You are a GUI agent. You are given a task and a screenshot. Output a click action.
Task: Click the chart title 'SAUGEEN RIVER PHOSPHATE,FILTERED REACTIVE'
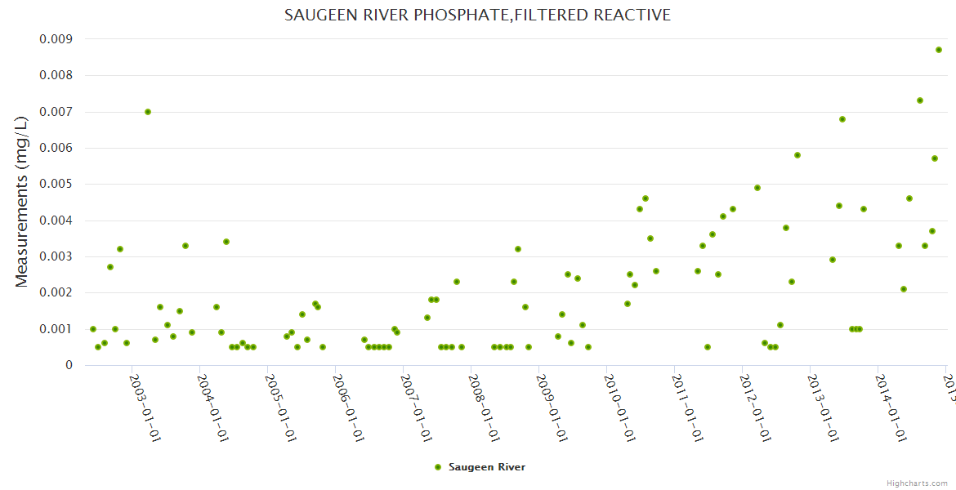tap(477, 16)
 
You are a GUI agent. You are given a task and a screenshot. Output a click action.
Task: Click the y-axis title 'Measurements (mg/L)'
tap(22, 201)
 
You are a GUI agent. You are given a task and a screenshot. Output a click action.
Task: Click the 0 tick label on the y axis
tap(69, 365)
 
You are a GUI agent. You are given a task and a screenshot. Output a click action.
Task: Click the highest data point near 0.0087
tap(939, 50)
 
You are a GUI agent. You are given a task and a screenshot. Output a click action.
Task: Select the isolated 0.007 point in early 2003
tap(148, 112)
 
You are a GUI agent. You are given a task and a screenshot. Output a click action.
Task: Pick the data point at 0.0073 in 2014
tap(920, 100)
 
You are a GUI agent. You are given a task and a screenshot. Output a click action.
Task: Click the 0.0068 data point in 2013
tap(842, 119)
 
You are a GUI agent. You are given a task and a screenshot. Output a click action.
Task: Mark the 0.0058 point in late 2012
tap(797, 155)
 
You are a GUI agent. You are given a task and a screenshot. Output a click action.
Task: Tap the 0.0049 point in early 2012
tap(757, 188)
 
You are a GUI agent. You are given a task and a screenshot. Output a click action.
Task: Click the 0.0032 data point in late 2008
tap(518, 249)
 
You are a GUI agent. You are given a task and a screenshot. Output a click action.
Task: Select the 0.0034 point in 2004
tap(226, 242)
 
